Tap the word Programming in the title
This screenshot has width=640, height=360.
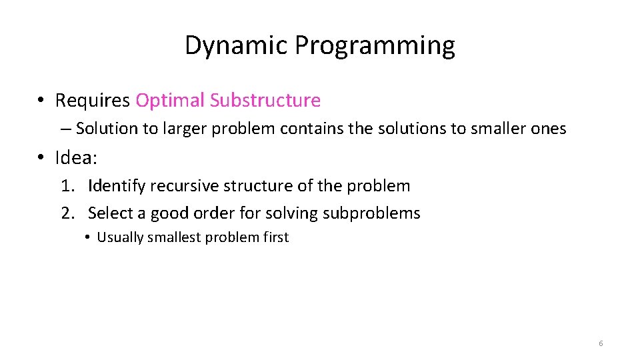[x=375, y=46]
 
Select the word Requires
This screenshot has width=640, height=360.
[x=93, y=101]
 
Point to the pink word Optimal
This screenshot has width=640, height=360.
[x=170, y=101]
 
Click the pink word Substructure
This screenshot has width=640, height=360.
[x=265, y=101]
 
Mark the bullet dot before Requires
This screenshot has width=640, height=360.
[x=41, y=101]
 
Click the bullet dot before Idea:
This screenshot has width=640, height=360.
[x=41, y=158]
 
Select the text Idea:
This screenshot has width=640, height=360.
[x=77, y=158]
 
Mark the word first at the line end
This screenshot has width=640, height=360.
[x=275, y=237]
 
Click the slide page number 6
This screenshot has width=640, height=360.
[x=601, y=343]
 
